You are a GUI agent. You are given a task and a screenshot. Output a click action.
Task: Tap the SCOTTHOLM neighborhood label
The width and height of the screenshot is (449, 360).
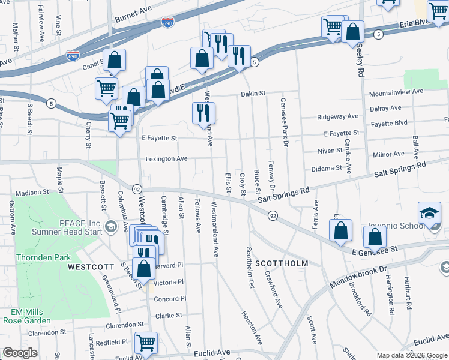pyautogui.click(x=282, y=263)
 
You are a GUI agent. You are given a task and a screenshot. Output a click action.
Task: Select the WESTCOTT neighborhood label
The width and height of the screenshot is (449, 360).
pyautogui.click(x=91, y=266)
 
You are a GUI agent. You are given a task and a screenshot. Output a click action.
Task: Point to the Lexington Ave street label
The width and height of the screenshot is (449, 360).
pyautogui.click(x=166, y=159)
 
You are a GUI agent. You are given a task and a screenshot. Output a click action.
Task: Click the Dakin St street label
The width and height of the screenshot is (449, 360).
pyautogui.click(x=253, y=94)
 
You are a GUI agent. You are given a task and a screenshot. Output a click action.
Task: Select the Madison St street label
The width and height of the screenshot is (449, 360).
pyautogui.click(x=32, y=193)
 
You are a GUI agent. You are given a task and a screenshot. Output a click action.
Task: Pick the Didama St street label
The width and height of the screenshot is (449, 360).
pyautogui.click(x=327, y=169)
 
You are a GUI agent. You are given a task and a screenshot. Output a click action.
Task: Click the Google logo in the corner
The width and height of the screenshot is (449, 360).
pyautogui.click(x=20, y=353)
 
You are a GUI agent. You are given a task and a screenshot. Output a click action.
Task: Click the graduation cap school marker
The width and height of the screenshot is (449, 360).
pyautogui.click(x=429, y=213)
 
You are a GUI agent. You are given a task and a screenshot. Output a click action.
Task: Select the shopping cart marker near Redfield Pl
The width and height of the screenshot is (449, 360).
pyautogui.click(x=146, y=343)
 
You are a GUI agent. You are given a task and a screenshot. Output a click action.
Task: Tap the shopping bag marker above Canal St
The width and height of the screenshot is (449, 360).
pyautogui.click(x=114, y=59)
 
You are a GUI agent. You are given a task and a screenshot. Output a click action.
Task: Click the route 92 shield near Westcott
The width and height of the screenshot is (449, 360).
pyautogui.click(x=137, y=188)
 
